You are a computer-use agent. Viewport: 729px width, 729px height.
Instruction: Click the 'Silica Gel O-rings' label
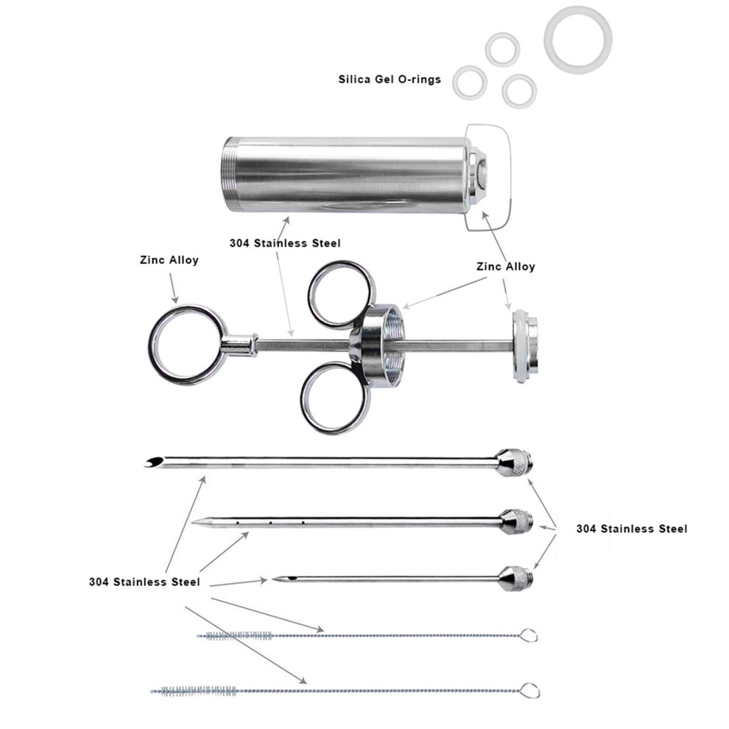390,80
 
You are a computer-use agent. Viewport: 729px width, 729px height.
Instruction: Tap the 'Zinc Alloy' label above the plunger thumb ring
169,260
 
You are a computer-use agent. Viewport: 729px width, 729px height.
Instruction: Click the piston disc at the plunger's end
525,346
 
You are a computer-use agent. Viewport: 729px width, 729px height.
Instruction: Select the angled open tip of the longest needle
155,462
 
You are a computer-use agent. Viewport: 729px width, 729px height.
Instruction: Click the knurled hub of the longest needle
513,462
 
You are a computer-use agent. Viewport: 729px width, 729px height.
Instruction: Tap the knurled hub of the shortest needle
516,578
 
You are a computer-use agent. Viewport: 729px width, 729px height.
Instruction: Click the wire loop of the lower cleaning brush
530,690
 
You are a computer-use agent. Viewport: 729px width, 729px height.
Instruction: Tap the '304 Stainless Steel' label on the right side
631,529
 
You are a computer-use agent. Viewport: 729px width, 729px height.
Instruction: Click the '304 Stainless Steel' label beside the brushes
144,582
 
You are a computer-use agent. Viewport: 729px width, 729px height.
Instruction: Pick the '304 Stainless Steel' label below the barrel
285,243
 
